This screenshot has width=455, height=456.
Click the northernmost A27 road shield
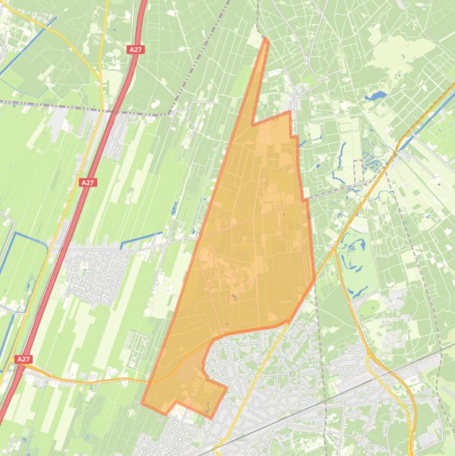(135, 50)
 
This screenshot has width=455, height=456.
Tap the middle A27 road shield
(88, 182)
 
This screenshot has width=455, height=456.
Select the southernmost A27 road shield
(22, 359)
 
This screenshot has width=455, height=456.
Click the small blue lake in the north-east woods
(375, 95)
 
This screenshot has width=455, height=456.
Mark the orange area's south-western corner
(142, 403)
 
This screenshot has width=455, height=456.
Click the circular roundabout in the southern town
(292, 373)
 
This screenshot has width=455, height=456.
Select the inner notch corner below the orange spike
(253, 125)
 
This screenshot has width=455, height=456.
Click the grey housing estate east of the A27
(95, 272)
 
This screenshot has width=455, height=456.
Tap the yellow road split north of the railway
(369, 355)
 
